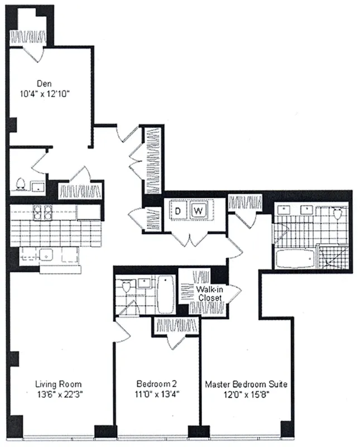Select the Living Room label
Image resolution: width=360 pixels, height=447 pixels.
[x=58, y=384]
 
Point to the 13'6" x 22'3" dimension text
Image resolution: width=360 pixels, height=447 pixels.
[x=58, y=393]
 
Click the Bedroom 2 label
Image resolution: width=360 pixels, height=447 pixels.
[x=156, y=384]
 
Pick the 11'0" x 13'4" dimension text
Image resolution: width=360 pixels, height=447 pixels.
[x=156, y=393]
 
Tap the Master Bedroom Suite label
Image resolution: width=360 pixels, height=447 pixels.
[x=246, y=384]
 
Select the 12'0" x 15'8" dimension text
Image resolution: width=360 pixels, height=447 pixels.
[x=246, y=393]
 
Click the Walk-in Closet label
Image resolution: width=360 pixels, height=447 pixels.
[x=210, y=294]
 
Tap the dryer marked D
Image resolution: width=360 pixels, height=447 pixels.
[x=178, y=211]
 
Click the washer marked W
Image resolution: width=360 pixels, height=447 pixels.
[x=198, y=211]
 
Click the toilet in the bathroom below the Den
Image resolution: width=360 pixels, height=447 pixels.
[x=21, y=184]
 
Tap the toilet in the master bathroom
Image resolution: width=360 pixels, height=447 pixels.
[x=337, y=214]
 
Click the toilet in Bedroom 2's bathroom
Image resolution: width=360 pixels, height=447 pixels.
[x=126, y=287]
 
